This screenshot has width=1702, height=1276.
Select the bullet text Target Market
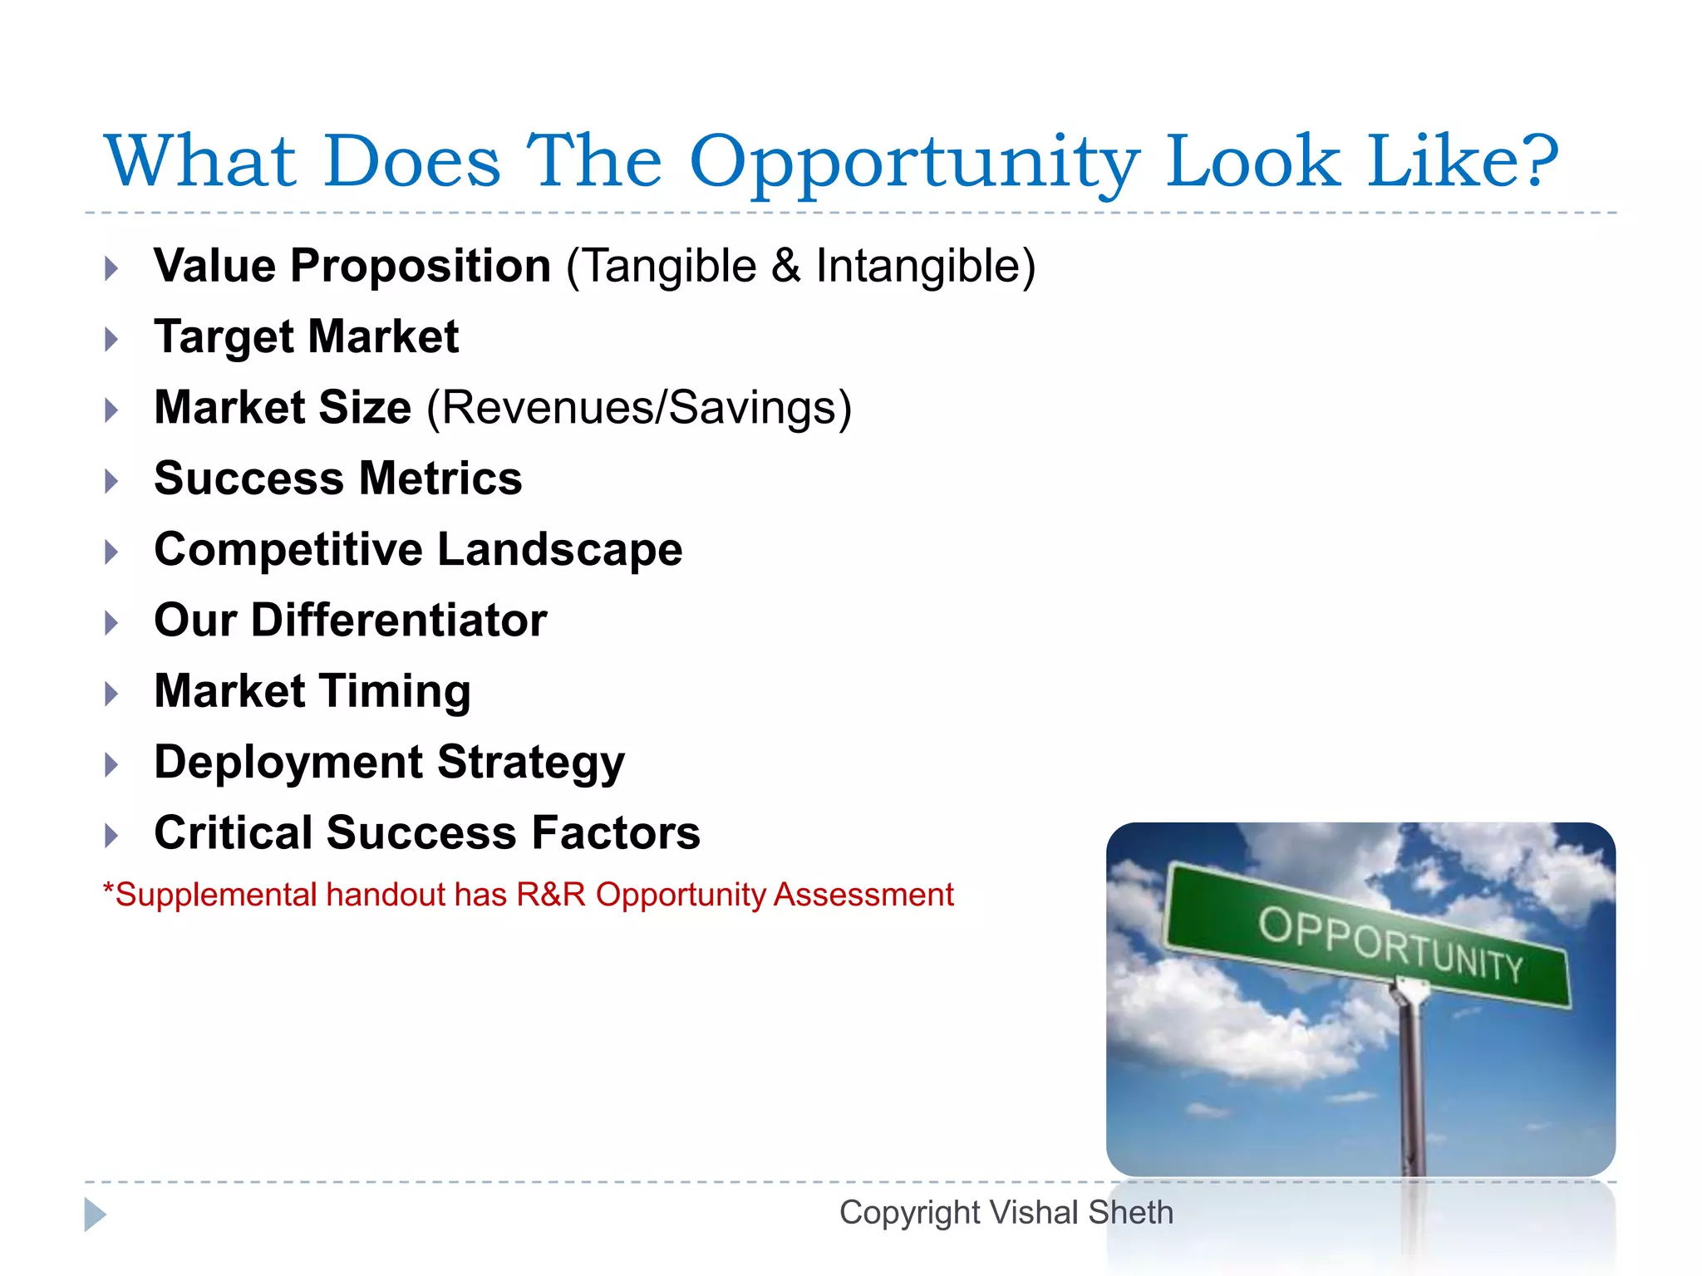pyautogui.click(x=306, y=337)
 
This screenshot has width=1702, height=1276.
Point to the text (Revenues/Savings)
pyautogui.click(x=639, y=408)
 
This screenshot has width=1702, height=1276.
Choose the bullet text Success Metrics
pyautogui.click(x=338, y=479)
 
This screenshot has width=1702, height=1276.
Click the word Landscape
pyautogui.click(x=559, y=550)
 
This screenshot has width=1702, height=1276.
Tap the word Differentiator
pyautogui.click(x=399, y=621)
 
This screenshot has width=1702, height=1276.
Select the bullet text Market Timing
pyautogui.click(x=312, y=691)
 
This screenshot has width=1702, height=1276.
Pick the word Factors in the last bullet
pyautogui.click(x=616, y=833)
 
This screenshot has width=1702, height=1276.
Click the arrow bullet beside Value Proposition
pyautogui.click(x=111, y=268)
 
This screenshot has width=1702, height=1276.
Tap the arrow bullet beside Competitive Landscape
pyautogui.click(x=111, y=552)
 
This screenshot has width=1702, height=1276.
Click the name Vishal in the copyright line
pyautogui.click(x=1034, y=1213)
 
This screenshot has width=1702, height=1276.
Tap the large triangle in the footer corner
pyautogui.click(x=95, y=1215)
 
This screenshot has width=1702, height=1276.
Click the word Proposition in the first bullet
pyautogui.click(x=420, y=267)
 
